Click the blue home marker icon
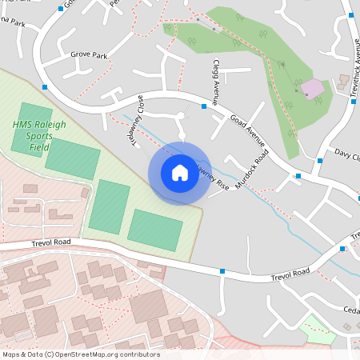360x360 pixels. pos(179,173)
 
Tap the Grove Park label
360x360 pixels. pos(89,55)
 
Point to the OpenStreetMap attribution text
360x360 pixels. pos(81,354)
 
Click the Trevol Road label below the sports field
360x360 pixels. pos(51,242)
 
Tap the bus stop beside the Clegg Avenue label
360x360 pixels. pos(204,105)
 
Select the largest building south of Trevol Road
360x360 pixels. pos(148,307)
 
